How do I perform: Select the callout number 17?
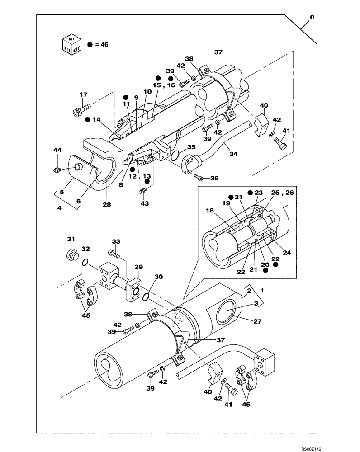coord(84,95)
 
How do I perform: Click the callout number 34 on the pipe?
coord(233,154)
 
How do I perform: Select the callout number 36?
coord(214,178)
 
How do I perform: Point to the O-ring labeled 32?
coord(85,263)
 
